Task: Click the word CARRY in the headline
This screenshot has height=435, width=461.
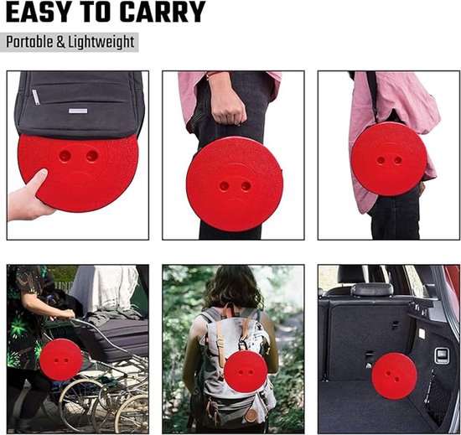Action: point(163,12)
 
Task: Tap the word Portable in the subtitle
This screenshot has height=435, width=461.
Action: point(29,42)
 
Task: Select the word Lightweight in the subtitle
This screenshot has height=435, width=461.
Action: point(101,42)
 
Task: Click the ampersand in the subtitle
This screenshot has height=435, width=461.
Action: point(60,42)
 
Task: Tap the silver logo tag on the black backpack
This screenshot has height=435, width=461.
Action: point(78,111)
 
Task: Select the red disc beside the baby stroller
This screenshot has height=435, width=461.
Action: point(61,360)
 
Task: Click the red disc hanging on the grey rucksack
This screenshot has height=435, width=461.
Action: point(246,372)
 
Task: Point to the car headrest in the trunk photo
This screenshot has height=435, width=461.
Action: point(372,289)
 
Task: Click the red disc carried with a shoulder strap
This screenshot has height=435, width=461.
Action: point(389,159)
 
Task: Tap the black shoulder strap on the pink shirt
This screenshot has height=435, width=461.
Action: point(373,94)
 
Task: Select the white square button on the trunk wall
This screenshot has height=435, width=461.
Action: point(422,334)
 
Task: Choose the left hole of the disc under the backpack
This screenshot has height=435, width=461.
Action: point(65,154)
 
